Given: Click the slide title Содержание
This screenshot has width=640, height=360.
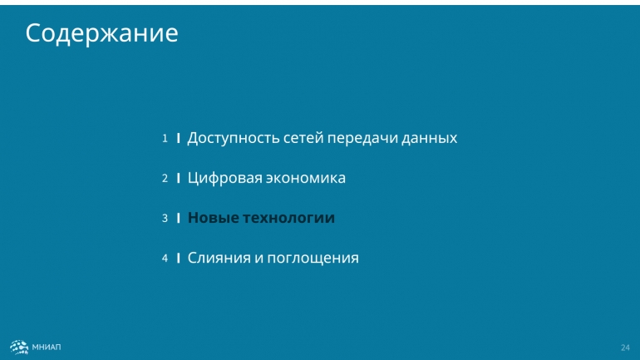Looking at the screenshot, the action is (101, 33).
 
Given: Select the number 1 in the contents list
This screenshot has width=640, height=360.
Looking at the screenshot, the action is (165, 138).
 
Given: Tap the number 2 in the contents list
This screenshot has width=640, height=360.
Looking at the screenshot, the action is (165, 179).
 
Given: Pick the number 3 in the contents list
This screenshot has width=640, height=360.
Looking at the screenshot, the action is (165, 219).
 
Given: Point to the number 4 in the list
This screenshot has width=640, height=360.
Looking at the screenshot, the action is (165, 259).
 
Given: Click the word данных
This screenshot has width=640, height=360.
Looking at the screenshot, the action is (430, 138).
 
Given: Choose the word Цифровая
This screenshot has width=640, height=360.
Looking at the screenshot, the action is (225, 179).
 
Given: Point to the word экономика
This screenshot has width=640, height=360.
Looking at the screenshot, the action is (306, 179).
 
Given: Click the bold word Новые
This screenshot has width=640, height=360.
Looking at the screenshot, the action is (213, 218).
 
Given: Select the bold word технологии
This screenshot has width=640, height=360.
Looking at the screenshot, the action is (289, 218).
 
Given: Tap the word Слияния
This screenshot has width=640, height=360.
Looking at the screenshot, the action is (219, 258).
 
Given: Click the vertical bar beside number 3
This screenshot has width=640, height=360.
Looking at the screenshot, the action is (179, 218).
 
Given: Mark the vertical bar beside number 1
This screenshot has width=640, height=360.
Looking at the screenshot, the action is (179, 138).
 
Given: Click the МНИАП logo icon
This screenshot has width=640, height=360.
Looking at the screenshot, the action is (19, 348).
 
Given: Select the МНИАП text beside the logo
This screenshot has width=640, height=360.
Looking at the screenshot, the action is (47, 348).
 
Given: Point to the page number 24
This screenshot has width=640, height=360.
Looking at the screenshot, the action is (625, 348).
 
